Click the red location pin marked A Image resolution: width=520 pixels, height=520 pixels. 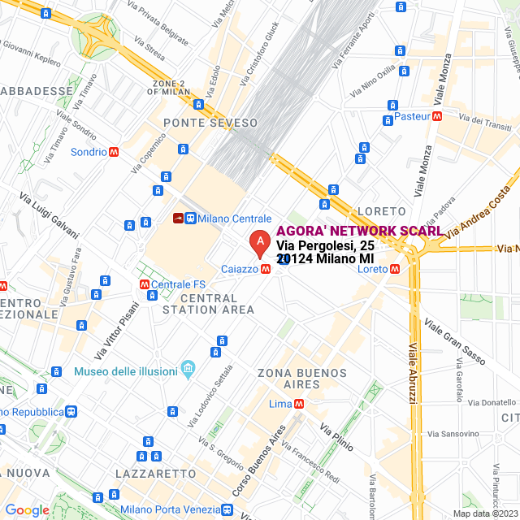tap(258, 241)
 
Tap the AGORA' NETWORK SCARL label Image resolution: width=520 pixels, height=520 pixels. tap(359, 231)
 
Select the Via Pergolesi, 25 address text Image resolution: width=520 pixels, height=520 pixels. tap(325, 246)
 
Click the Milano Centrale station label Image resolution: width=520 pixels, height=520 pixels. tap(234, 219)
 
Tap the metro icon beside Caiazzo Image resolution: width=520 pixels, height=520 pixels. tap(266, 269)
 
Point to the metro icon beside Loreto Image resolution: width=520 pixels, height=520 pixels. tap(395, 269)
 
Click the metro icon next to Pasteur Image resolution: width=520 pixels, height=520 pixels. tap(438, 116)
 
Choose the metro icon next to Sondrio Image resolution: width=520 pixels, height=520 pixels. tap(114, 152)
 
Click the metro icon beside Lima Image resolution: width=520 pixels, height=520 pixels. tap(300, 404)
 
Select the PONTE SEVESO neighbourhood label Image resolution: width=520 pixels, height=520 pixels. tap(210, 123)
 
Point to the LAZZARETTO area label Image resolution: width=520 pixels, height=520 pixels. tap(155, 473)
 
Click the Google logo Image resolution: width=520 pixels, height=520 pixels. tap(27, 510)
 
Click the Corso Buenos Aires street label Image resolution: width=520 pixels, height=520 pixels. tap(259, 461)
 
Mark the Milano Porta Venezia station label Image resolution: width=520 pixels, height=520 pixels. tap(170, 509)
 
